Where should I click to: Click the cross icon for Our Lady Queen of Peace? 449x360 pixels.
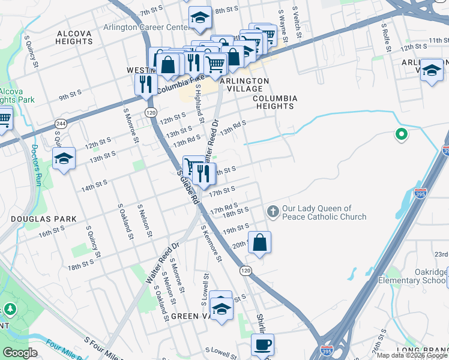pyautogui.click(x=273, y=211)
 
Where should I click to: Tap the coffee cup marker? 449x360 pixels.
pyautogui.click(x=262, y=344)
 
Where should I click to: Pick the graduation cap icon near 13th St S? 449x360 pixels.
pyautogui.click(x=64, y=158)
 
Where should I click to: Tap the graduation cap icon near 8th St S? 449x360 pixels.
pyautogui.click(x=200, y=17)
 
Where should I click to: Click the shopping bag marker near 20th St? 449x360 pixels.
pyautogui.click(x=259, y=243)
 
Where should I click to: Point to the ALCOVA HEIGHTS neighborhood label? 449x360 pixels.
pyautogui.click(x=74, y=37)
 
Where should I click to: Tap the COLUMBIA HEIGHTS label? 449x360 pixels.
pyautogui.click(x=273, y=102)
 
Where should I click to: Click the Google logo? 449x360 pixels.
pyautogui.click(x=21, y=353)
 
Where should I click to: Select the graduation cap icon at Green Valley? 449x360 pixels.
pyautogui.click(x=221, y=308)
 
